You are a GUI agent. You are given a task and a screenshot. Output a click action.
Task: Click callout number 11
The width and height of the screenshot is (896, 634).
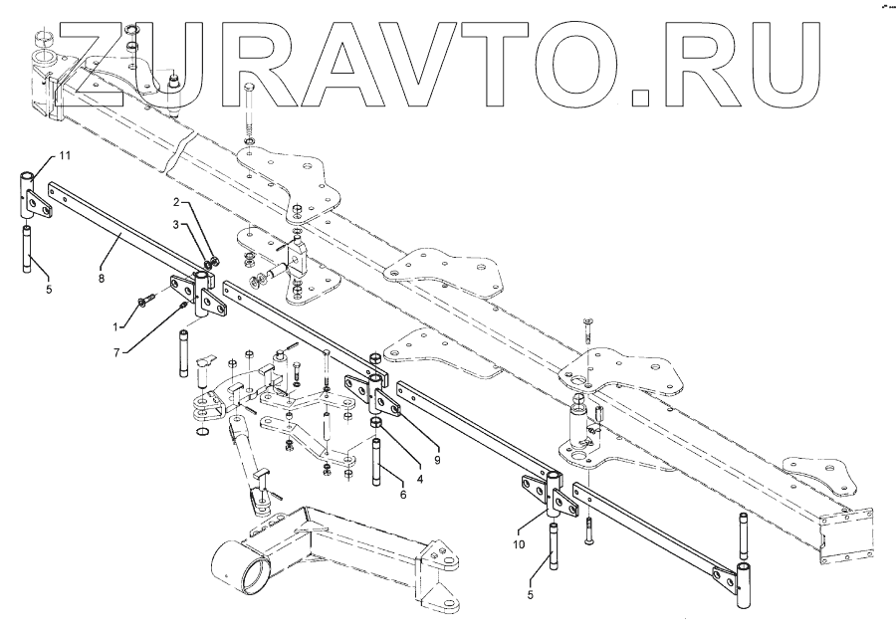(64, 158)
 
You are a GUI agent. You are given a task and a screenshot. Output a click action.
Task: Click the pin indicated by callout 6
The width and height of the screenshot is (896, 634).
(380, 461)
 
